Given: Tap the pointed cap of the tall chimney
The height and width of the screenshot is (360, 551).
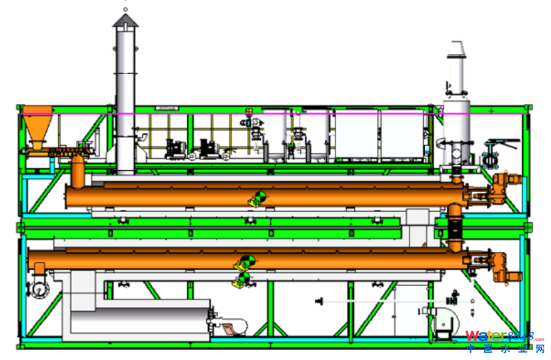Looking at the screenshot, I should coord(125,22).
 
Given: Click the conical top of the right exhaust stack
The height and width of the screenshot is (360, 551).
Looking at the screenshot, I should coord(457,49).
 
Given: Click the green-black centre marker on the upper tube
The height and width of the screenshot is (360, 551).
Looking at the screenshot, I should coord(259,197).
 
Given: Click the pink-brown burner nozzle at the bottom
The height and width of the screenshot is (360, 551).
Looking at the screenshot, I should coord(231,329).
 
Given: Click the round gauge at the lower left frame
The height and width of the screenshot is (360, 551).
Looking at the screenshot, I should coord(39,290).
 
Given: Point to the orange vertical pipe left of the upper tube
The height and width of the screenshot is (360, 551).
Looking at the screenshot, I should coord(78,173).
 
